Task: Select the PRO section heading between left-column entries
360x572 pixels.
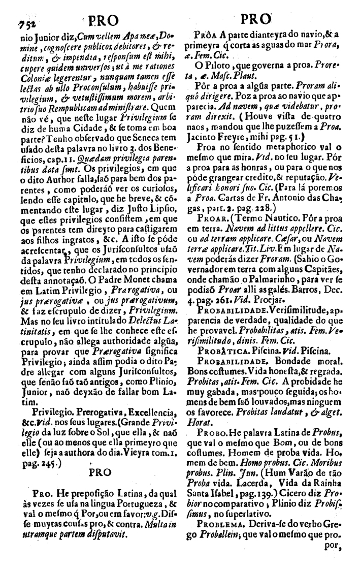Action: (x=99, y=472)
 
